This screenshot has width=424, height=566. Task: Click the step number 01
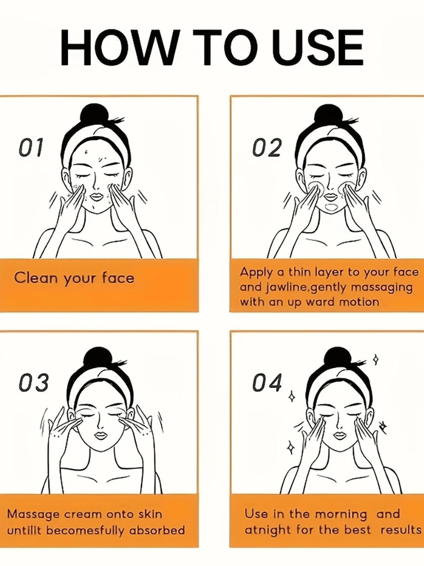tap(30, 147)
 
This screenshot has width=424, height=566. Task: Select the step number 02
tap(266, 147)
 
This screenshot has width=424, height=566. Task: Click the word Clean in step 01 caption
tap(36, 278)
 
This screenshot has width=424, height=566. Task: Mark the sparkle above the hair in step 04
tap(376, 360)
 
